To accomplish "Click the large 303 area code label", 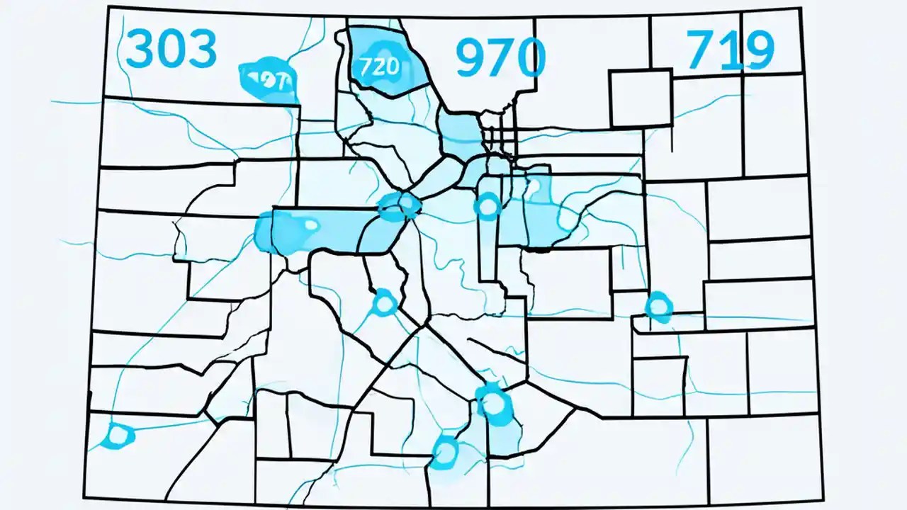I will point(171,49).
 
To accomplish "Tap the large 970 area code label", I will point(500,57).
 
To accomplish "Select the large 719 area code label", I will point(730,50).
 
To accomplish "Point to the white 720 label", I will point(380,67).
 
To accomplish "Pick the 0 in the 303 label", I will point(171,49).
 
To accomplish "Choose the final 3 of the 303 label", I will point(202,49).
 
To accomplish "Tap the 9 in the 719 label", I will point(755,50).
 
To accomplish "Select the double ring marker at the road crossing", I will point(400,205).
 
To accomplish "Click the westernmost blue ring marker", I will point(117,435).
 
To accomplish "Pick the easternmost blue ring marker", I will point(658,307).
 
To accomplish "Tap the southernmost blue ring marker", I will point(445,451).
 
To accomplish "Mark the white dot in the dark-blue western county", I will point(310,225).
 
